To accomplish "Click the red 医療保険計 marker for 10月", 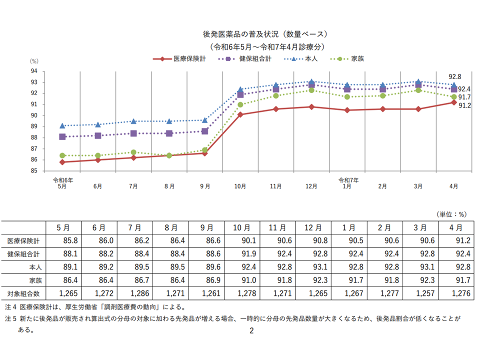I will (240, 114).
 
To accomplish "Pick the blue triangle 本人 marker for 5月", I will (62, 125).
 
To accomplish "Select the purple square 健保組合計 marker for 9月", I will (204, 131).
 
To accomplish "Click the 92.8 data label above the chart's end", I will (454, 76).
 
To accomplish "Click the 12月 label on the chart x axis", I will (311, 186).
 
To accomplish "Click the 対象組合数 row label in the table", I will (23, 293).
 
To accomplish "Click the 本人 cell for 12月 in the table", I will (313, 267).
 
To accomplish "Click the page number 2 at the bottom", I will (252, 330).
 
